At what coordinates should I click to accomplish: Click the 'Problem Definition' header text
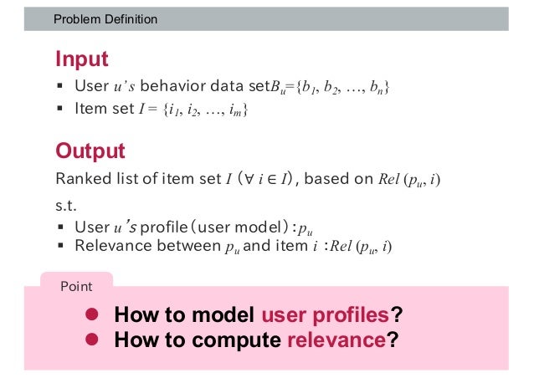(105, 18)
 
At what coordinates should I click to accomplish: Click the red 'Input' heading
(81, 59)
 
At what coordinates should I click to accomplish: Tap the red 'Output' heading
(90, 151)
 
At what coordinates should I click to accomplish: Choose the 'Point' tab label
(76, 286)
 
